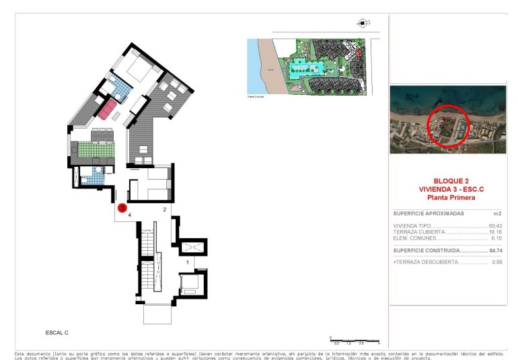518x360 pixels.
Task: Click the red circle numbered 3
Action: tap(122, 209)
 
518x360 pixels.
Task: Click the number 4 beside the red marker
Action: tap(129, 216)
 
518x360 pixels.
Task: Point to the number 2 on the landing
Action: tap(165, 209)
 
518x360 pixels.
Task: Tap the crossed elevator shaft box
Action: tap(195, 248)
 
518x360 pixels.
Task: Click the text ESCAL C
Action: tap(57, 332)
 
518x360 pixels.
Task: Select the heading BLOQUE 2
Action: tap(451, 182)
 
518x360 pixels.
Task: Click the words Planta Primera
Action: tap(451, 198)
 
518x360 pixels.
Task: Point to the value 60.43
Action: tap(496, 226)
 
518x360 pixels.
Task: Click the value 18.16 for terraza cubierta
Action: tap(496, 232)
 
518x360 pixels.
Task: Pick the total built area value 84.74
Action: tap(496, 250)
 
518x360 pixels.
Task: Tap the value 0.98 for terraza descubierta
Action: tap(497, 262)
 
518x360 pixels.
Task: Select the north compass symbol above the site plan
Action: tap(364, 23)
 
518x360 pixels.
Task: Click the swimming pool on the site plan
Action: tap(306, 69)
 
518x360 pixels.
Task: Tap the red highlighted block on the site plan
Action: tap(359, 51)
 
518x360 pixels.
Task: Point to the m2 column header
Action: tap(498, 213)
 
